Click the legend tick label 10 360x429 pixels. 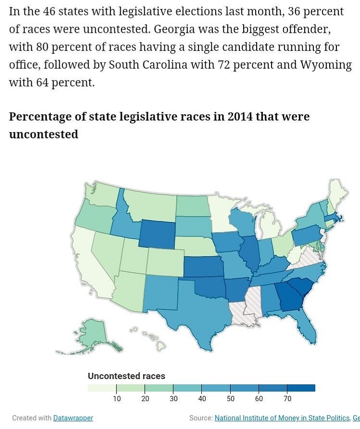[117, 399]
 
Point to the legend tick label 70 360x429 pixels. [287, 399]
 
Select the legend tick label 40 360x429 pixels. [202, 399]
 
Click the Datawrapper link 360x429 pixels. [73, 418]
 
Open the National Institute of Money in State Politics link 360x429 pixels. [282, 418]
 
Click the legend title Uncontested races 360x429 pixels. [126, 376]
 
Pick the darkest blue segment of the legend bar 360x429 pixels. [301, 388]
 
